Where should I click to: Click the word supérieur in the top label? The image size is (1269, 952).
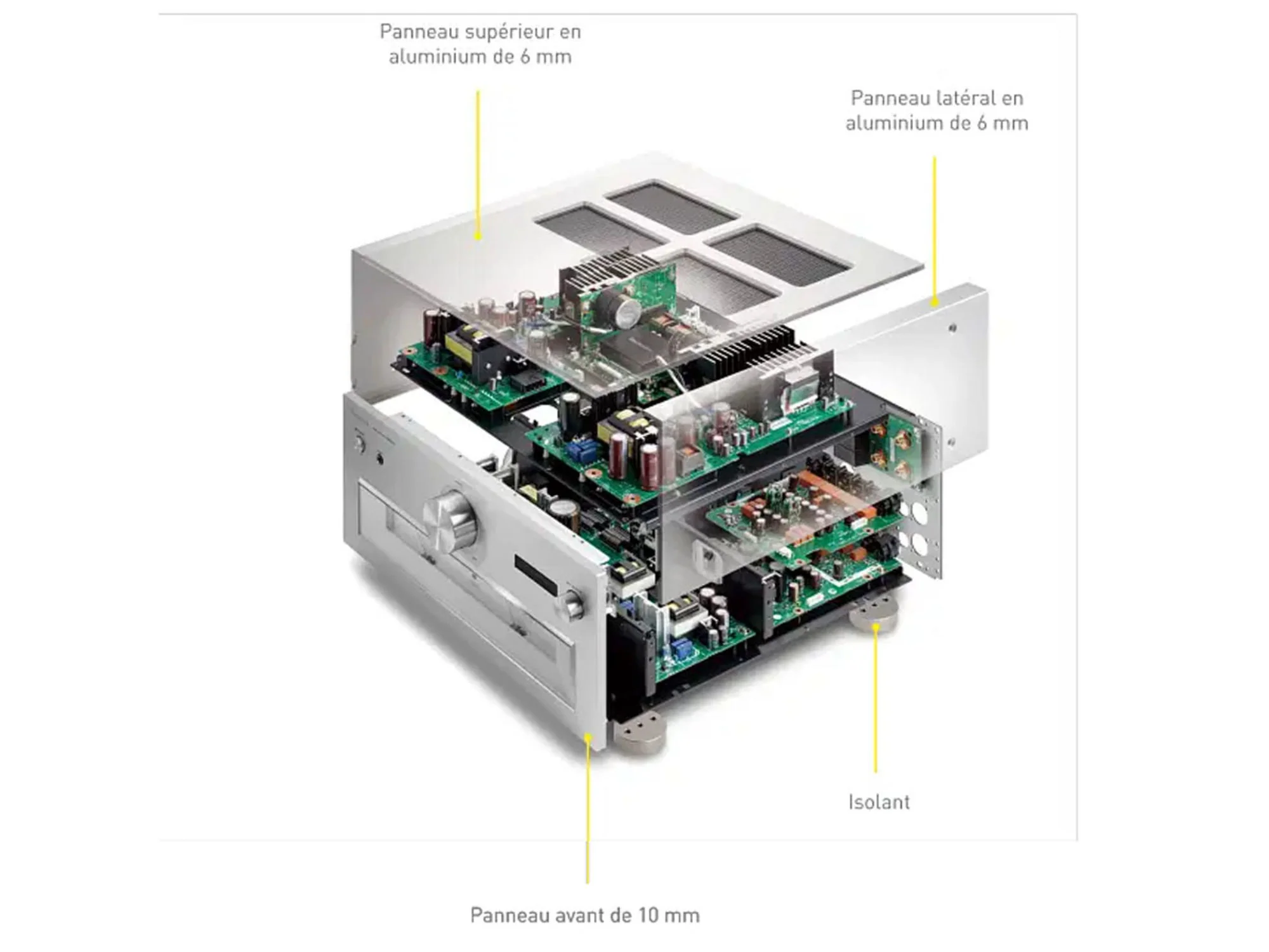510,32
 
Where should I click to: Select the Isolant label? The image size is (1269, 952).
879,802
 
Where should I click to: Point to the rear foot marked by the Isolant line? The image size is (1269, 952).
873,614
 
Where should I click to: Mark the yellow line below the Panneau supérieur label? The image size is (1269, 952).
478,165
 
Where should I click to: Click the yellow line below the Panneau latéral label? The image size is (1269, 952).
934,232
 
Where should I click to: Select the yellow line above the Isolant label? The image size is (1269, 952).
876,699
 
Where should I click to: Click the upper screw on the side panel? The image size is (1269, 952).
952,328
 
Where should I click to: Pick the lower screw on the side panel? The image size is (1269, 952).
950,442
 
